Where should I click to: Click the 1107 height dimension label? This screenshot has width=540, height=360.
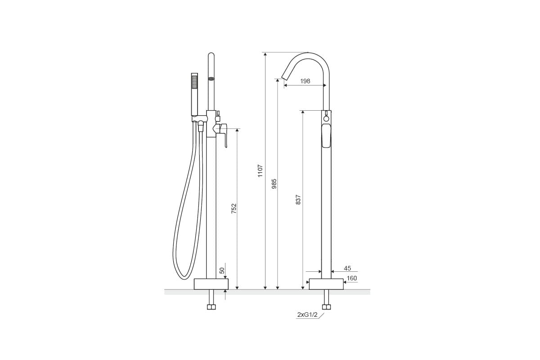click(x=260, y=171)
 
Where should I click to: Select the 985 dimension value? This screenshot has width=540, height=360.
click(x=274, y=184)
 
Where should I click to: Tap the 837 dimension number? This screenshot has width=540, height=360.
click(x=298, y=200)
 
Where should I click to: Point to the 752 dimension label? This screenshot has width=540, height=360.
click(x=234, y=208)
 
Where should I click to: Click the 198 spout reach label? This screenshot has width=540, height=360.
click(x=305, y=81)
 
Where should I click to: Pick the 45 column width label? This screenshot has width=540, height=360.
click(x=347, y=268)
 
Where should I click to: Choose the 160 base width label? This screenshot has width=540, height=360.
click(x=351, y=278)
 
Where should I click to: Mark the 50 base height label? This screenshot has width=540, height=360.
click(x=222, y=270)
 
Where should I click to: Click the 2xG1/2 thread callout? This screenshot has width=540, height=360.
click(x=307, y=315)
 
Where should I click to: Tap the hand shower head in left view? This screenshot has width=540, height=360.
click(x=194, y=94)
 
